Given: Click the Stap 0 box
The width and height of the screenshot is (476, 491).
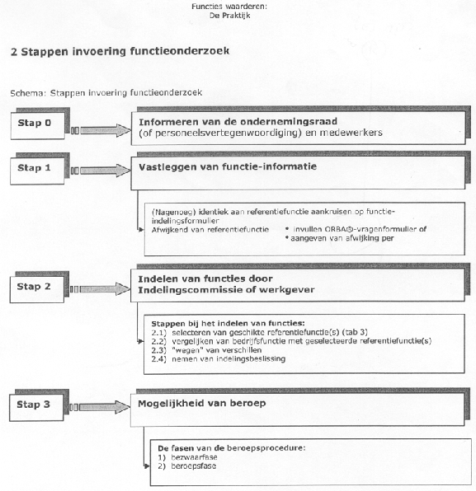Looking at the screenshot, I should pos(36,124).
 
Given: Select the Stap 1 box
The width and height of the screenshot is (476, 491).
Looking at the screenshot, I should pos(36,168).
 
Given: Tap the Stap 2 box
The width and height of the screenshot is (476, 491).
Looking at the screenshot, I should pos(36,287).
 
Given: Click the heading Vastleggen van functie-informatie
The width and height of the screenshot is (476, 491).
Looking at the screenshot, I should pos(228,166).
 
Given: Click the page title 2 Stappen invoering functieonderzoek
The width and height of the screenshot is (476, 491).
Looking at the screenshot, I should pos(120,50).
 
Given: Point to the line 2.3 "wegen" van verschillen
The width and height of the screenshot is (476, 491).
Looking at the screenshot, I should pos(203,349).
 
